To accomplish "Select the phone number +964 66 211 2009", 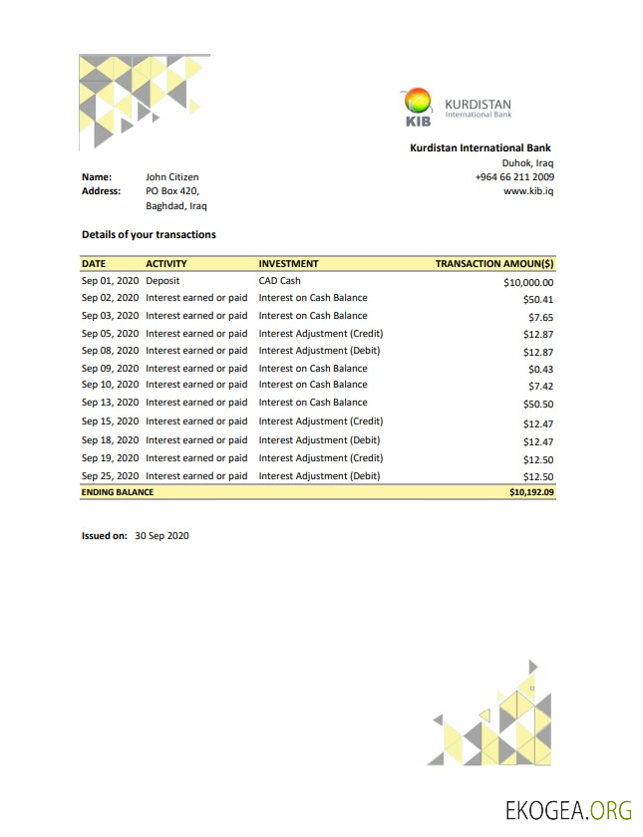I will point(514,177).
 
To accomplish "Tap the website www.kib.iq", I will point(529,191).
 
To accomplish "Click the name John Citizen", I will point(171,177).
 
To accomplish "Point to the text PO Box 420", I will point(172,191).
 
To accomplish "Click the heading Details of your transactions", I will point(149,235).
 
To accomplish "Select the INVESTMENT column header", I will point(288,264).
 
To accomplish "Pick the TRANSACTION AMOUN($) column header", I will point(494,264).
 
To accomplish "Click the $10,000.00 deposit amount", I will point(528,283).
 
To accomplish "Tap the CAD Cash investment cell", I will point(279,281).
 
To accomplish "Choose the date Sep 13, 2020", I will point(110,403).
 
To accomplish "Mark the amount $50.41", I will point(538,299).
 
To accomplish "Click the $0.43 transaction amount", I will point(540,369).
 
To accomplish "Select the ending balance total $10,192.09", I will point(531,492).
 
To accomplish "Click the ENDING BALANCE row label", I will point(117,492).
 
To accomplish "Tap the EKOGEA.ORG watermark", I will point(568,809).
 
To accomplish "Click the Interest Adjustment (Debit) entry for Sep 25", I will point(319,476).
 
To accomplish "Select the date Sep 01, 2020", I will point(110,281).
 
